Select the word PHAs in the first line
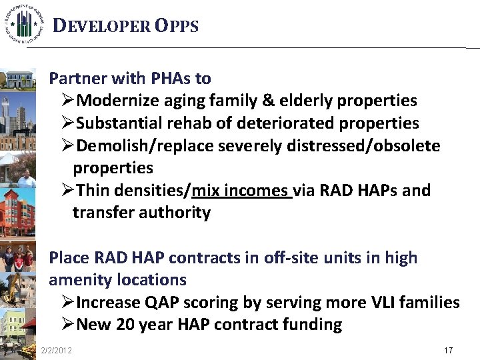click(x=171, y=79)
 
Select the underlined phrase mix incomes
click(x=241, y=191)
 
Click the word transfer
click(x=101, y=213)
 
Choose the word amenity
click(x=79, y=280)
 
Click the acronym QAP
click(x=160, y=303)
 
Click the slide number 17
click(x=449, y=350)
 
